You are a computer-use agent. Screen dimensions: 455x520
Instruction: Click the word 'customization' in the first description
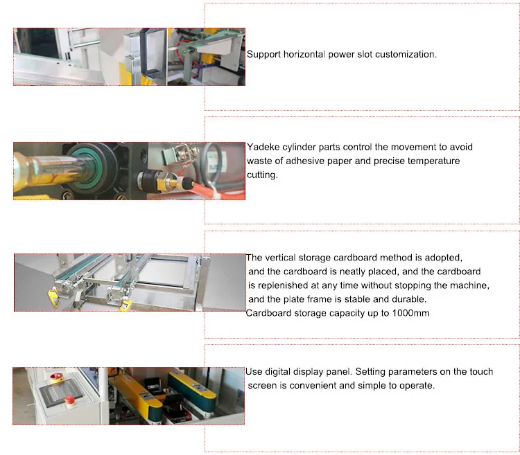click(406, 54)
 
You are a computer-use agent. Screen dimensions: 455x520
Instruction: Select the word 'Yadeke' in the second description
click(264, 148)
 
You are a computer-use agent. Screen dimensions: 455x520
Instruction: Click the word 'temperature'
click(433, 161)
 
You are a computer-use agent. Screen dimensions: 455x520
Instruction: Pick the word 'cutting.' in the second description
click(262, 175)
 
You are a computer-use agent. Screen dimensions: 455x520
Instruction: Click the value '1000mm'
click(409, 313)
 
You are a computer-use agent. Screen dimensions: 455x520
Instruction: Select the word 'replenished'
click(286, 285)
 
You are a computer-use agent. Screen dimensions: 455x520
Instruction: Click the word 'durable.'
click(408, 299)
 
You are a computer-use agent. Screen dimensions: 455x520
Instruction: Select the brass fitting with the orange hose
click(164, 183)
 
